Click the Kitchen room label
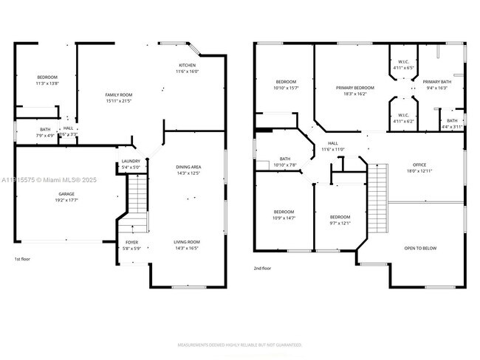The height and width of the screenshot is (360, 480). (x=188, y=65)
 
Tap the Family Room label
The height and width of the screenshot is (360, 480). (x=118, y=95)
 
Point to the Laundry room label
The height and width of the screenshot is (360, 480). (x=130, y=162)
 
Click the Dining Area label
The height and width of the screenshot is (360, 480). (x=188, y=167)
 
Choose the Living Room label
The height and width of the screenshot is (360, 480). (x=188, y=242)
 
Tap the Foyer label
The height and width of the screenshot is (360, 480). (x=131, y=242)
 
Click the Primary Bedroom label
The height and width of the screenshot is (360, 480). (x=354, y=88)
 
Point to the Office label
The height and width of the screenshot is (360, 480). (x=419, y=165)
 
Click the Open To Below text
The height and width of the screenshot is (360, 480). (x=419, y=248)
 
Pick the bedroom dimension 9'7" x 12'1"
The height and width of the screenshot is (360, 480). (x=340, y=224)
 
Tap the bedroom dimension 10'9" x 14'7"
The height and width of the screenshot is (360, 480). (x=284, y=218)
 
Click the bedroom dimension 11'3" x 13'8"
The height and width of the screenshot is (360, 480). (x=47, y=84)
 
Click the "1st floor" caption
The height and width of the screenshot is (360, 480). (x=23, y=259)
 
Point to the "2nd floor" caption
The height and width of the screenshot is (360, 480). (x=262, y=269)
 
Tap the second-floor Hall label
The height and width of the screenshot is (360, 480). (x=332, y=143)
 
